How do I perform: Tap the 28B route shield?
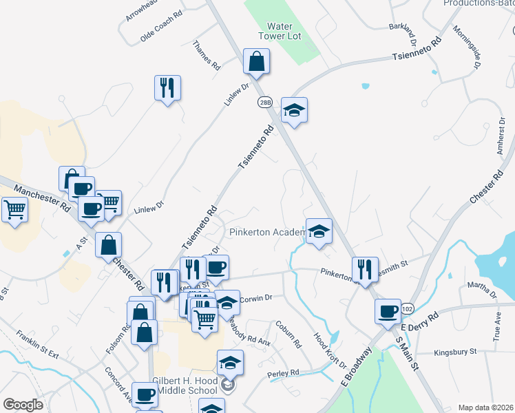point(266,103)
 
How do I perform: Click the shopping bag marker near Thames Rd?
point(256,62)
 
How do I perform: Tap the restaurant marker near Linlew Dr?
point(167,88)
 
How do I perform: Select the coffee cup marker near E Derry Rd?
point(388,311)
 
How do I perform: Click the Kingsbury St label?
point(455,352)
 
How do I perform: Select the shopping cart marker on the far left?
point(15,209)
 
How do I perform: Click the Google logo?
point(23,404)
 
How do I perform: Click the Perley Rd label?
point(284,373)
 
